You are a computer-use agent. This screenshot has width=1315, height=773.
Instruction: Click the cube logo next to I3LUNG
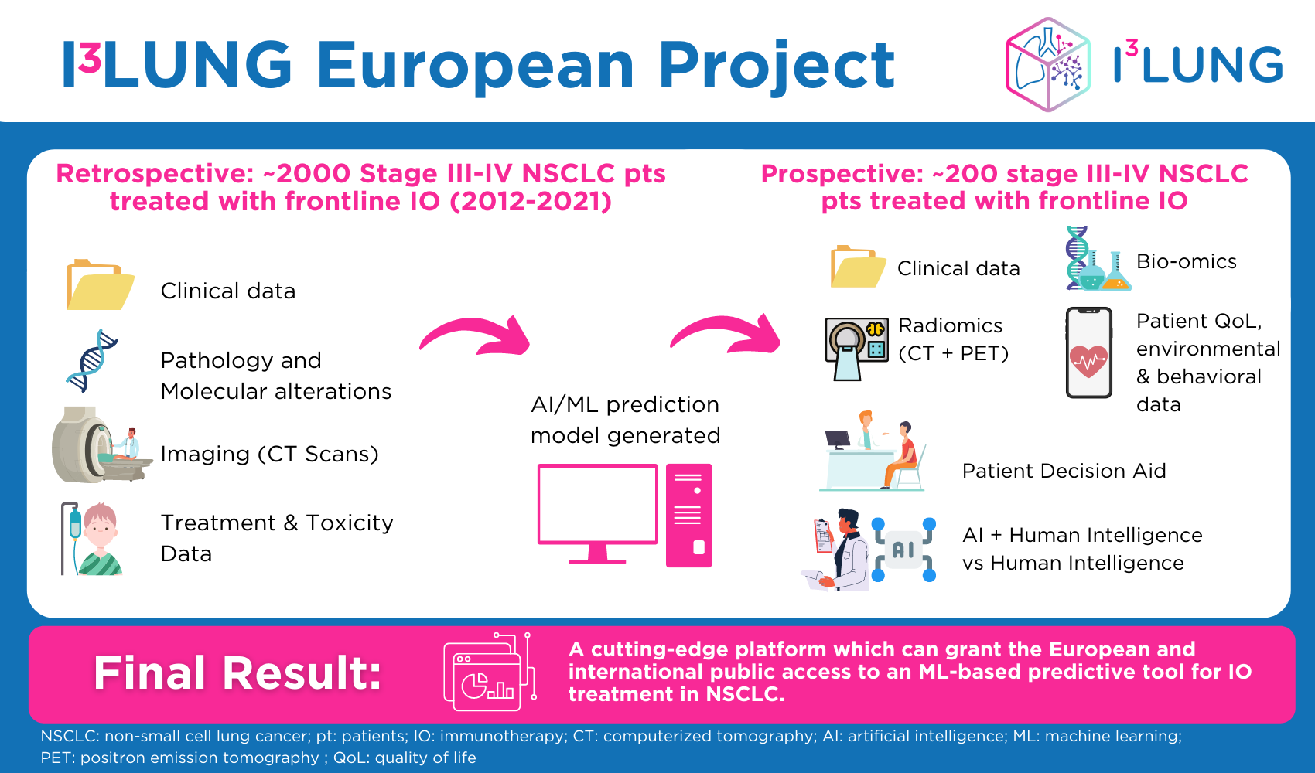pyautogui.click(x=1047, y=65)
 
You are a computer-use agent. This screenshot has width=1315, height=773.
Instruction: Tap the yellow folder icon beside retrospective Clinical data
pyautogui.click(x=100, y=285)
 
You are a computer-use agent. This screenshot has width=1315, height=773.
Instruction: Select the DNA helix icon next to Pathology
pyautogui.click(x=92, y=360)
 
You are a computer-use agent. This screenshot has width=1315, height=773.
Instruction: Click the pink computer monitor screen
pyautogui.click(x=597, y=504)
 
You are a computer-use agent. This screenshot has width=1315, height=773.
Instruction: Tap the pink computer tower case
pyautogui.click(x=688, y=515)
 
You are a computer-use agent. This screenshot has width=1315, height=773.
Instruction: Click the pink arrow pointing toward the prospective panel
pyautogui.click(x=726, y=334)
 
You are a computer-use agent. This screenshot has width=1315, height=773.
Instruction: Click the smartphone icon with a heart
pyautogui.click(x=1088, y=353)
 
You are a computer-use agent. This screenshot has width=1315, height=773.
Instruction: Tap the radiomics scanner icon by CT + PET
pyautogui.click(x=855, y=347)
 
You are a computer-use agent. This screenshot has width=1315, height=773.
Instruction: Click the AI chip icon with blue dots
pyautogui.click(x=903, y=550)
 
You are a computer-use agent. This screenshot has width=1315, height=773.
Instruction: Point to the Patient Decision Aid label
pyautogui.click(x=1064, y=471)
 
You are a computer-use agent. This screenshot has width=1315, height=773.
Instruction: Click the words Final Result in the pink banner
pyautogui.click(x=237, y=673)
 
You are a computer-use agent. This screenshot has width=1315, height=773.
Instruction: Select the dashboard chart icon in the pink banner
pyautogui.click(x=488, y=673)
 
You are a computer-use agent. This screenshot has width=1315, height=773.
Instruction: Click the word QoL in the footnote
pyautogui.click(x=348, y=758)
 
